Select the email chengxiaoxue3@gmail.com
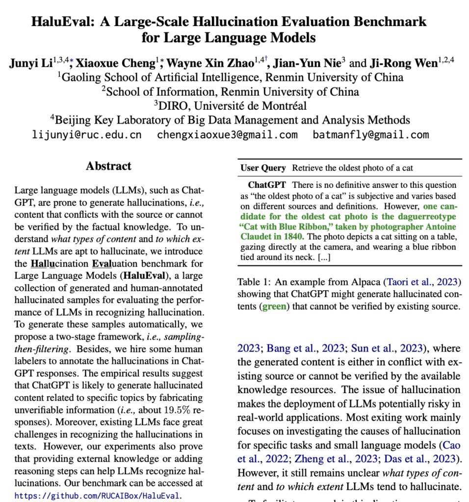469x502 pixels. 227,135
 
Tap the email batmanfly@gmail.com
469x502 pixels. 371,135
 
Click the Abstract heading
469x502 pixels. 109,166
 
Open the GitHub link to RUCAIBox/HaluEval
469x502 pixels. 98,496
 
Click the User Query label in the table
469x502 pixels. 263,168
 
